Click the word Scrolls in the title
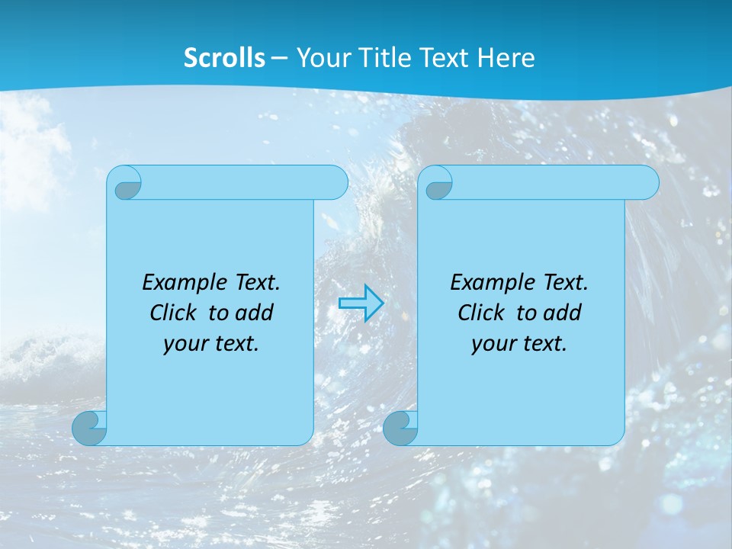point(225,58)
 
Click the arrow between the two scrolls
point(361,303)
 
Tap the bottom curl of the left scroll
point(89,429)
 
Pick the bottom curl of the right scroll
point(400,429)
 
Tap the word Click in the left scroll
point(167,313)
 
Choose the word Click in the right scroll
point(475,313)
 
